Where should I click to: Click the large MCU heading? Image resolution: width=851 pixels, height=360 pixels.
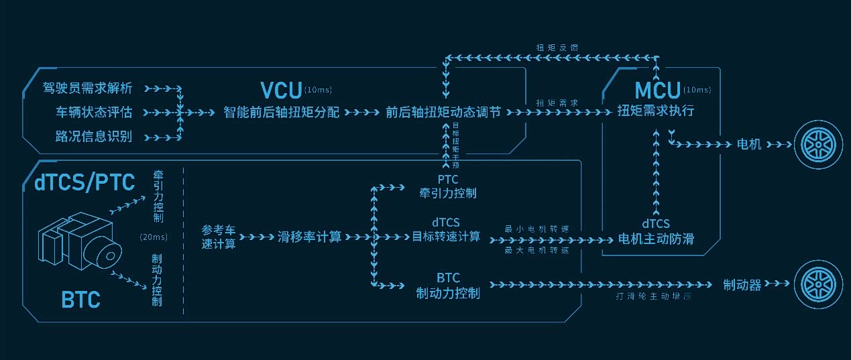pyautogui.click(x=657, y=89)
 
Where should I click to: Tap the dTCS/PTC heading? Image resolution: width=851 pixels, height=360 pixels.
pyautogui.click(x=84, y=181)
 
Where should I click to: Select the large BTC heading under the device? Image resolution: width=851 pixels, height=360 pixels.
pyautogui.click(x=81, y=299)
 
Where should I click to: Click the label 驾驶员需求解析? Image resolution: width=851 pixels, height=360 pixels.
pyautogui.click(x=87, y=88)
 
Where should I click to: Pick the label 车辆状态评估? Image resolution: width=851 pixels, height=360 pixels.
pyautogui.click(x=93, y=112)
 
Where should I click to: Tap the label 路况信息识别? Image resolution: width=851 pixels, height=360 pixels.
pyautogui.click(x=93, y=137)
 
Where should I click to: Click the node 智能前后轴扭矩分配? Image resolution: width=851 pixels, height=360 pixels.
pyautogui.click(x=282, y=112)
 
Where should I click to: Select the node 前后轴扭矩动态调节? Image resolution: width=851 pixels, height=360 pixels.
pyautogui.click(x=443, y=112)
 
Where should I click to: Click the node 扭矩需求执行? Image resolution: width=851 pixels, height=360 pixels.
pyautogui.click(x=655, y=111)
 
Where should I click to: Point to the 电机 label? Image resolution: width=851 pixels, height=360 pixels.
pyautogui.click(x=749, y=144)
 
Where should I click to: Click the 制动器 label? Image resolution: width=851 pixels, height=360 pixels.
pyautogui.click(x=742, y=285)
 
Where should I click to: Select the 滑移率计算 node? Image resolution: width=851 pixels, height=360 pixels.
pyautogui.click(x=309, y=237)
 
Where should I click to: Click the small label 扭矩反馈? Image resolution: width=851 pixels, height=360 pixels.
pyautogui.click(x=557, y=48)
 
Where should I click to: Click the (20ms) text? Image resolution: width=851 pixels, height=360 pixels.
pyautogui.click(x=153, y=237)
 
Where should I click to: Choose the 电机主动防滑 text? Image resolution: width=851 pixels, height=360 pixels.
pyautogui.click(x=655, y=239)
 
